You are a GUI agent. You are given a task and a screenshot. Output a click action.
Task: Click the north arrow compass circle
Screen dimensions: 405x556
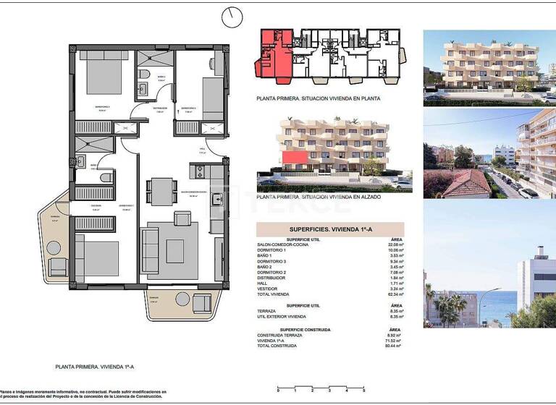click(232, 16)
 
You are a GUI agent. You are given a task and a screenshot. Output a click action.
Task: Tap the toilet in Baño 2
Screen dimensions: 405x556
click(106, 177)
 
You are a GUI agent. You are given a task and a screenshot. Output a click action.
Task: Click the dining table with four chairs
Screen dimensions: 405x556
click(161, 192)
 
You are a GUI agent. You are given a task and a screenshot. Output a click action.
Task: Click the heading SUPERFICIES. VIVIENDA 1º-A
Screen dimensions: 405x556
click(330, 229)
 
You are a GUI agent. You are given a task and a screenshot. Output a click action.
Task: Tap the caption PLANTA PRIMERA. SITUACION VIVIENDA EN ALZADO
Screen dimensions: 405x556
click(319, 196)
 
